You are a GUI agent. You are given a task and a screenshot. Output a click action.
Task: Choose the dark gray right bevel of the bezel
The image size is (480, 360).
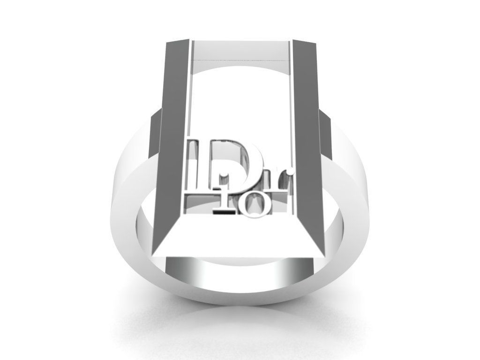[x=307, y=141]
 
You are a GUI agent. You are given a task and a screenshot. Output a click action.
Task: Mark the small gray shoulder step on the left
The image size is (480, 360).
[x=155, y=136]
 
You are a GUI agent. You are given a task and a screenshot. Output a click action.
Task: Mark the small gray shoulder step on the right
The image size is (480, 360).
[x=326, y=136]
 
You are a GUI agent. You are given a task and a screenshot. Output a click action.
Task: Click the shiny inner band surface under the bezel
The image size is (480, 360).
[x=239, y=272]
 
